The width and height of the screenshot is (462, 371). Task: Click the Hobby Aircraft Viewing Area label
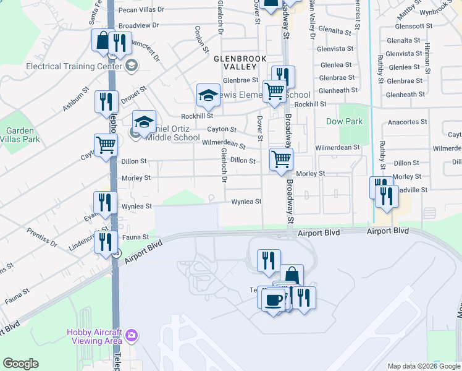(x=94, y=336)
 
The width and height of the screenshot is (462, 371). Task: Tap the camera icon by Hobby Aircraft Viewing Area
(x=131, y=336)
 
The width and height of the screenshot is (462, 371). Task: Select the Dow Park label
(x=345, y=122)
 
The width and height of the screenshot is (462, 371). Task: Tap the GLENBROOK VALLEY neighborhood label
(x=240, y=62)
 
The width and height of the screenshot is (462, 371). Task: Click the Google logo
(x=20, y=364)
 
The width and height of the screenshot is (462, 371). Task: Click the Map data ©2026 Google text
(x=423, y=366)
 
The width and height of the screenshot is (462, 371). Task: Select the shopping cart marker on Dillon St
(x=281, y=159)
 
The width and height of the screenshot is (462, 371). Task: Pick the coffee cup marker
(x=272, y=300)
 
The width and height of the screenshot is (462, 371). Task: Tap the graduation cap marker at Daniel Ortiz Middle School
(x=144, y=122)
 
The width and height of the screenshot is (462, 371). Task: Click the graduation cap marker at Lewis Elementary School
(x=209, y=95)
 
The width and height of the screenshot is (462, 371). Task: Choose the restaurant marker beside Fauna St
(x=106, y=242)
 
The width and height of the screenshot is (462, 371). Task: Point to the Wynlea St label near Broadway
(x=246, y=202)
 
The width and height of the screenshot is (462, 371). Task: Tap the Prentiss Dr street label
(x=42, y=238)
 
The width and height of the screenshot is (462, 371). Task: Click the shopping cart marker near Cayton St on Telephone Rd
(x=106, y=145)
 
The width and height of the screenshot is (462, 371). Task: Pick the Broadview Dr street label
(x=138, y=26)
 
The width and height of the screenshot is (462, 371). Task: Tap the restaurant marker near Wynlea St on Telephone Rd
(x=106, y=202)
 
